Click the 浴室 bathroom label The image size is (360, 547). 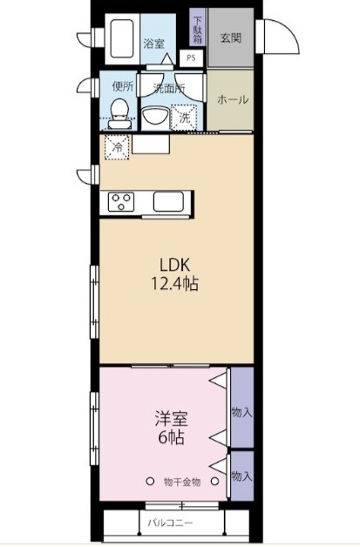tap(154, 43)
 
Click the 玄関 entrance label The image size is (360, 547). tap(230, 38)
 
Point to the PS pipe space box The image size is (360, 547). tap(191, 58)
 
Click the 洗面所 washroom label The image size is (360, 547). tap(168, 89)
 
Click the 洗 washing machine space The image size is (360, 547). tap(186, 116)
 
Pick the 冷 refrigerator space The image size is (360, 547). tap(118, 147)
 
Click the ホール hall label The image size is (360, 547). tap(232, 99)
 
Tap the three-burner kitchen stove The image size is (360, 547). tap(121, 201)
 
